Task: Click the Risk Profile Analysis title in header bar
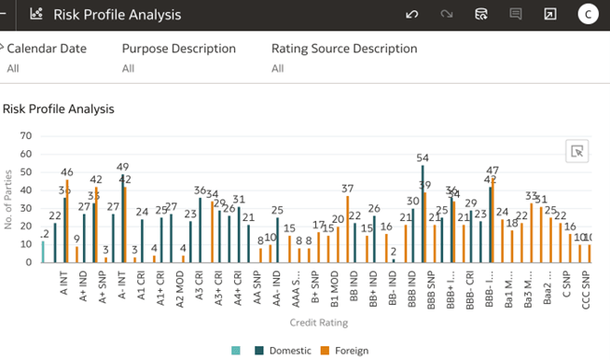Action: (x=117, y=15)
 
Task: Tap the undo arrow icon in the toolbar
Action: (x=412, y=15)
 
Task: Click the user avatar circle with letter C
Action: (x=587, y=14)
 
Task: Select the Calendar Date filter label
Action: (x=46, y=48)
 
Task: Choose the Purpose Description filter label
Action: (x=178, y=48)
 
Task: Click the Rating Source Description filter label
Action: (x=344, y=48)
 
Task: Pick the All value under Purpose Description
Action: (x=130, y=68)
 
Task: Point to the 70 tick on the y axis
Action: (x=26, y=136)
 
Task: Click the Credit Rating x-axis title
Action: (x=320, y=323)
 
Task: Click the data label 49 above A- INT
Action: (x=122, y=167)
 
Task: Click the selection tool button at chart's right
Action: (x=577, y=152)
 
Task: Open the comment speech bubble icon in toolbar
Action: (x=515, y=15)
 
